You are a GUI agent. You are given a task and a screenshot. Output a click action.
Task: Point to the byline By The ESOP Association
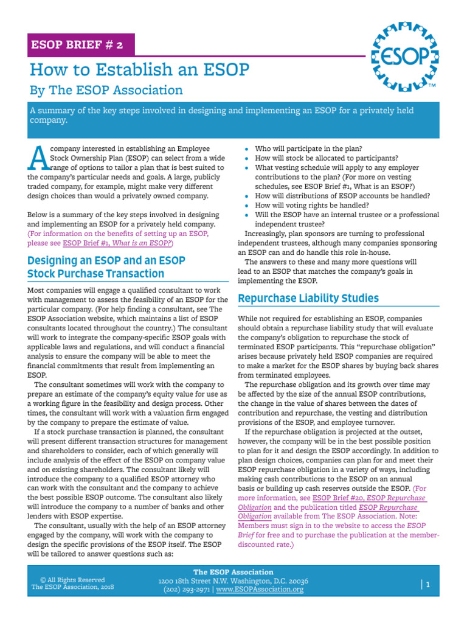coord(106,90)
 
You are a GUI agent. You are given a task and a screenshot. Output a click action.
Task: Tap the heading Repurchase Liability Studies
coord(308,298)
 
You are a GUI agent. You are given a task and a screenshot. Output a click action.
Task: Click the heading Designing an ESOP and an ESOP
coord(106,260)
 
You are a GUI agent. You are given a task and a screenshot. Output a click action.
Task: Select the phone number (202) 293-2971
coord(185,590)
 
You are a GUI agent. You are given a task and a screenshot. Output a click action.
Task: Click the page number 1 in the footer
coord(428,585)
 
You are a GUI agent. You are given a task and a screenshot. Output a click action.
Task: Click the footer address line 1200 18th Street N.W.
coord(233,581)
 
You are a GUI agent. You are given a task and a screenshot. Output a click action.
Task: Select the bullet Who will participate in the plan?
coord(308,148)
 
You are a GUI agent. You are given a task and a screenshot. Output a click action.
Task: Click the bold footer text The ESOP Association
coord(233,572)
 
